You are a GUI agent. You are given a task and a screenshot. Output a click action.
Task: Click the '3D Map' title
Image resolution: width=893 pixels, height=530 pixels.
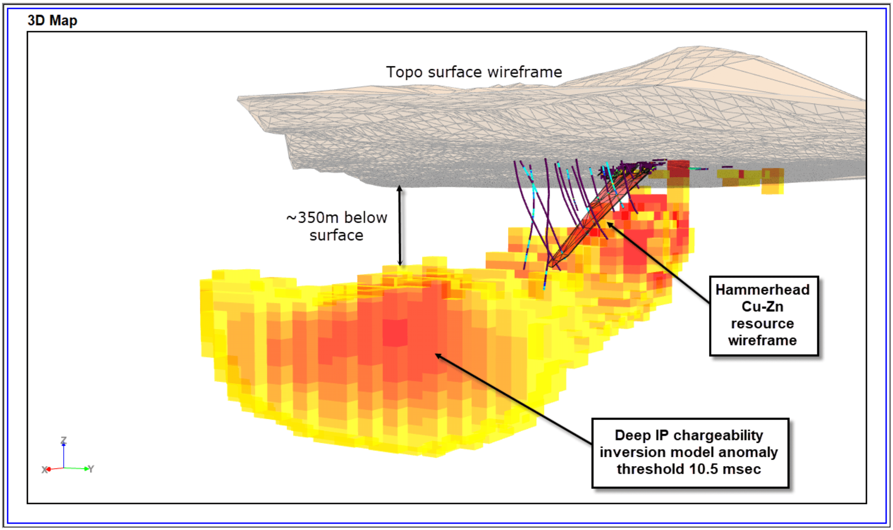coord(52,20)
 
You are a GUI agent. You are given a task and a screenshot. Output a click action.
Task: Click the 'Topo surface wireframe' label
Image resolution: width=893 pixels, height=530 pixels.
coord(474,72)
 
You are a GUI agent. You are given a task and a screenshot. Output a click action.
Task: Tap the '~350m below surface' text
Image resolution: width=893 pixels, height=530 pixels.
coord(337,226)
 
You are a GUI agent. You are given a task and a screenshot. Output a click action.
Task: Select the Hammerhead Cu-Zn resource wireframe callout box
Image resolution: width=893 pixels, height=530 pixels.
coord(764,315)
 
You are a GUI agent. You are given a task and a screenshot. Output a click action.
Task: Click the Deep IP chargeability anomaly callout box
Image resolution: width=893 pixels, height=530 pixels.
coord(690,452)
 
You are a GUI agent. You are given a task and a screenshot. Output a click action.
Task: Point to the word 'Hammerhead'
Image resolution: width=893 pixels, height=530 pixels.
coord(762,290)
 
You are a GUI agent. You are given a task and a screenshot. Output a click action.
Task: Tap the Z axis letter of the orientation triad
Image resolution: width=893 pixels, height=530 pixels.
coord(63,440)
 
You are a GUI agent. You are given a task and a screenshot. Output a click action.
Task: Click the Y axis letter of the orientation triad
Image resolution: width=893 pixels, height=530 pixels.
coord(91,469)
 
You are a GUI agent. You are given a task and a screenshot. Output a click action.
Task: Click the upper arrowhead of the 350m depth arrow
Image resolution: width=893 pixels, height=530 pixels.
coord(400,188)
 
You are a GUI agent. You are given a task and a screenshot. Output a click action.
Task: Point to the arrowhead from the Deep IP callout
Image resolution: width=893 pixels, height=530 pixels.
coord(438,356)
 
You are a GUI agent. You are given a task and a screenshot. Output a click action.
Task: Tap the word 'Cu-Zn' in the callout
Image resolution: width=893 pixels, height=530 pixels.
coord(762,307)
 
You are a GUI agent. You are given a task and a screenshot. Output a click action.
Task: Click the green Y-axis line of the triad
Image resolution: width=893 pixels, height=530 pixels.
coord(76,468)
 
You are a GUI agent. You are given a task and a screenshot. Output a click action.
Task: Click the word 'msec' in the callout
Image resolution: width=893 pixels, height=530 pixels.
coord(742,470)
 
